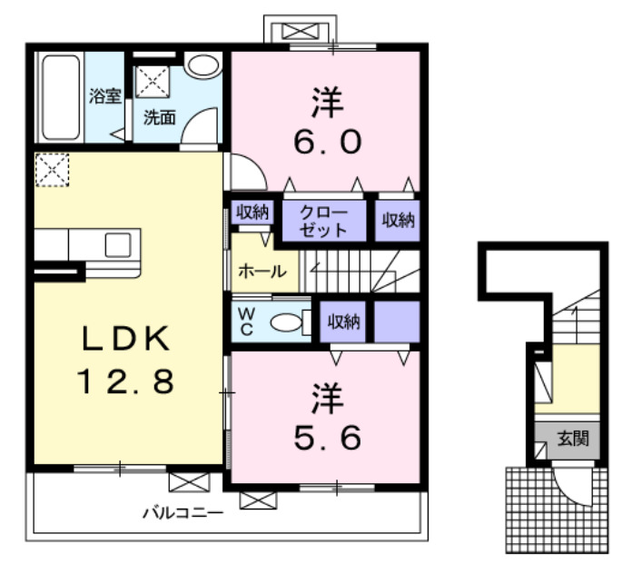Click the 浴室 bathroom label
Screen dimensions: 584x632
(105, 96)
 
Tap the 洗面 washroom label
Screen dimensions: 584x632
(161, 116)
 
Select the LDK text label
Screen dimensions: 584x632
(125, 338)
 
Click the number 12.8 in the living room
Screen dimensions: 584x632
(125, 382)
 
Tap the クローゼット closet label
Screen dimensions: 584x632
(323, 221)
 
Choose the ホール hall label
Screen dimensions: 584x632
(262, 271)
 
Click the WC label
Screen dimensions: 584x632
(246, 320)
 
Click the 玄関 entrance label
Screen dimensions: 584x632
(572, 440)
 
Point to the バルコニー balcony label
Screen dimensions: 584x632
(183, 512)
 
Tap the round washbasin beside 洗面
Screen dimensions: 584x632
(203, 65)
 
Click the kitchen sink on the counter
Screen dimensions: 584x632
(118, 244)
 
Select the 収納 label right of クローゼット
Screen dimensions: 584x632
(398, 219)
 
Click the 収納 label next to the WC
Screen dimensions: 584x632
(344, 321)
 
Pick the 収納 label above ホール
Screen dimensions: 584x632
(252, 213)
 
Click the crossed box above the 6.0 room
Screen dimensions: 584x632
(296, 31)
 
